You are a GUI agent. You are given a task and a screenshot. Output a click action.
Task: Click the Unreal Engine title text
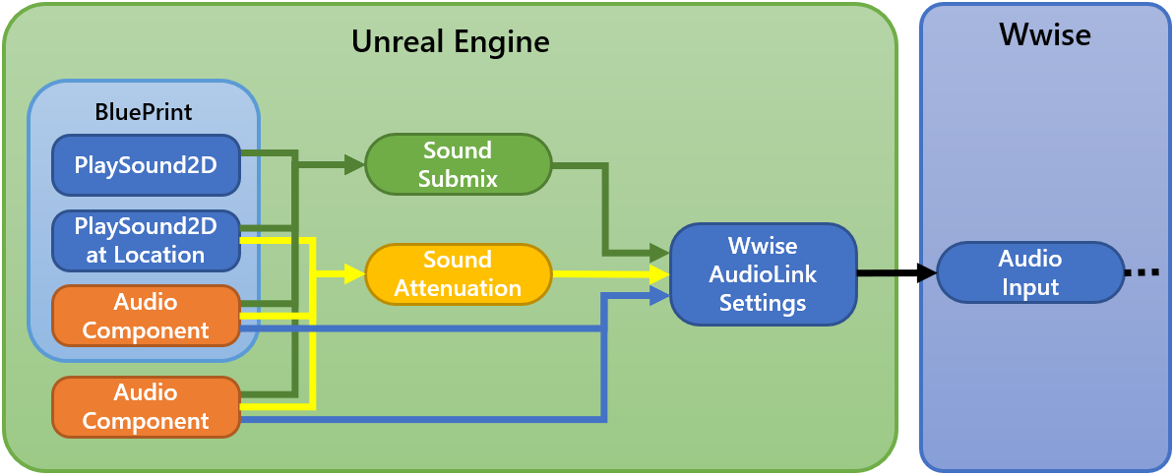[x=450, y=42]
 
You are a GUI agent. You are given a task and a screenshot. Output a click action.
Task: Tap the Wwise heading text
[x=1044, y=35]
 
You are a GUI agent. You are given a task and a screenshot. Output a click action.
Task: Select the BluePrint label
[x=144, y=111]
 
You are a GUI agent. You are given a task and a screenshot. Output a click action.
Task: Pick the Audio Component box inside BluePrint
[x=145, y=315]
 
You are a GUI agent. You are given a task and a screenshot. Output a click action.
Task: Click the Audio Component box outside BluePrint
[x=145, y=407]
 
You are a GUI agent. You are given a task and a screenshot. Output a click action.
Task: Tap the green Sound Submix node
[x=458, y=164]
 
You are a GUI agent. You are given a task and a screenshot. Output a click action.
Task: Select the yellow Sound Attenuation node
[x=458, y=273]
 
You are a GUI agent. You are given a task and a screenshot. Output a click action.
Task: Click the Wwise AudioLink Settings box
[x=763, y=274]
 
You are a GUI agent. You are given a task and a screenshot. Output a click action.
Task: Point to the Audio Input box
[x=1029, y=273]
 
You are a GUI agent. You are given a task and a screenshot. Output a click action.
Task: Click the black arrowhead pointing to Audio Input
[x=925, y=273]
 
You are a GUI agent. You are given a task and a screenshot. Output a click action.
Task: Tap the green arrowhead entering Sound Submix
[x=355, y=166]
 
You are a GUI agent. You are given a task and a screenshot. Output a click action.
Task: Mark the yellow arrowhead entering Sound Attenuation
[x=355, y=275]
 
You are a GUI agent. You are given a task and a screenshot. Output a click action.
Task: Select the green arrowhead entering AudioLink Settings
[x=660, y=252]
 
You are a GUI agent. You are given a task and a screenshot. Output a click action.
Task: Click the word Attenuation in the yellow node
[x=458, y=288]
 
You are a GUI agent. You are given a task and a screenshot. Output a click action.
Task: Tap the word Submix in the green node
[x=458, y=179]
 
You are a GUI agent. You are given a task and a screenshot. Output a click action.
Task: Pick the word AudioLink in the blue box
[x=763, y=274]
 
